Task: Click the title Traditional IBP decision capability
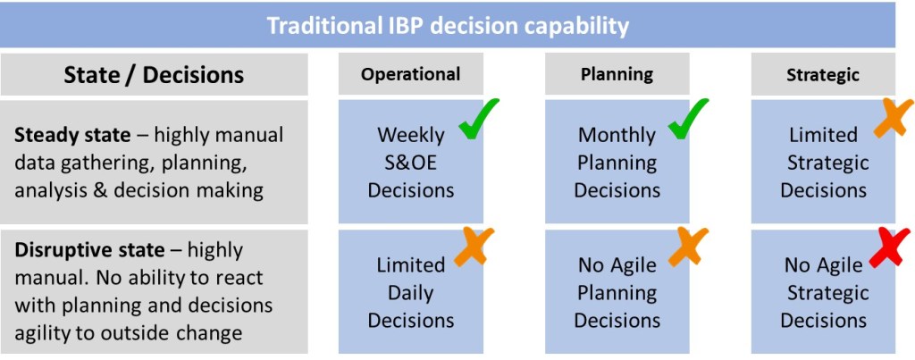448,26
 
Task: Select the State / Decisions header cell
154,75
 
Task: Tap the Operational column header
411,74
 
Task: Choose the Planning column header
617,74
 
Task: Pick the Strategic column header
823,74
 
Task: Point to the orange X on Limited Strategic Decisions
894,119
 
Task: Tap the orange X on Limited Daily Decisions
474,247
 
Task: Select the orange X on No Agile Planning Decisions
688,247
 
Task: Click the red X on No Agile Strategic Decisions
889,247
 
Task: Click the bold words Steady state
72,136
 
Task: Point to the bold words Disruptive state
89,250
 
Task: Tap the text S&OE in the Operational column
411,163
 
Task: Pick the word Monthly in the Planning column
617,136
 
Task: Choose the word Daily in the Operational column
411,293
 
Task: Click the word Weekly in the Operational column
411,136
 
